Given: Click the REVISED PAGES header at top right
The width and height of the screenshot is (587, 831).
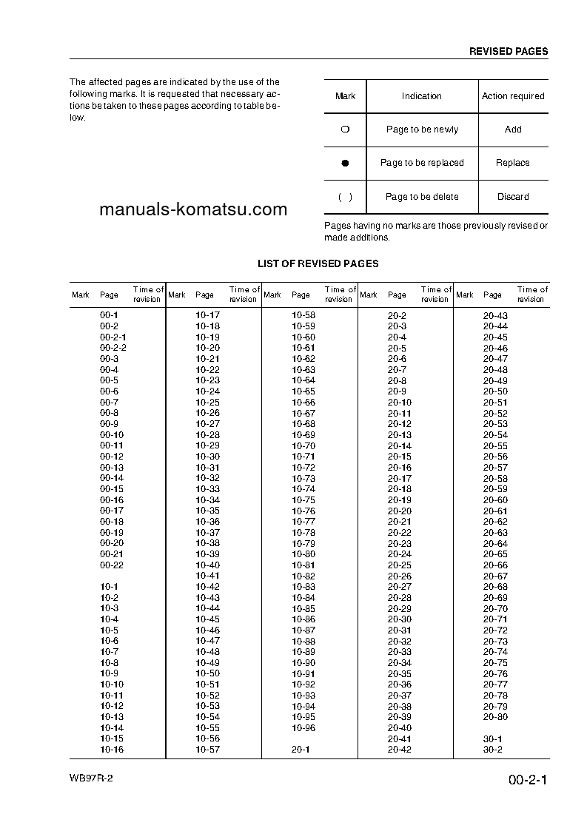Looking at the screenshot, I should tap(509, 52).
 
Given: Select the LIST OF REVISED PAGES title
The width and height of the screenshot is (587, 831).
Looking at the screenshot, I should tap(318, 263).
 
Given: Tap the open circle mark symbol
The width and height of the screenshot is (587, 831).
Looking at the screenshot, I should tap(345, 129).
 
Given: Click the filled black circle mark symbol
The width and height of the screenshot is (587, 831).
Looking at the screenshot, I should tap(345, 163).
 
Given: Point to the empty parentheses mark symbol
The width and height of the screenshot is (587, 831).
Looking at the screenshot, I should tap(345, 197).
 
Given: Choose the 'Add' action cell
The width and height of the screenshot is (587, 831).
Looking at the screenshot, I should tap(513, 129).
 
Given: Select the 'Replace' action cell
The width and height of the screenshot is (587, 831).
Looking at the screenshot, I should tap(513, 163).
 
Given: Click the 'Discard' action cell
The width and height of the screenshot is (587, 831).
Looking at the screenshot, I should tap(513, 197).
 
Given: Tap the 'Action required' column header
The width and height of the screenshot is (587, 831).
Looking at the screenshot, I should tap(513, 96).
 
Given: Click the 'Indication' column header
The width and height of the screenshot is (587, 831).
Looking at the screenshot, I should tap(422, 96).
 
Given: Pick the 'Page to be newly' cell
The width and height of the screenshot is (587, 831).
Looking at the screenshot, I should tap(422, 129).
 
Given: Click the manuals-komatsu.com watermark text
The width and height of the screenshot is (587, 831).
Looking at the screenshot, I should tap(192, 209).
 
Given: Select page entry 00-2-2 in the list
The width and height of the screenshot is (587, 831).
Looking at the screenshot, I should tap(113, 348).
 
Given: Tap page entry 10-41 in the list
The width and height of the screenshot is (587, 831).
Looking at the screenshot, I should tap(207, 576).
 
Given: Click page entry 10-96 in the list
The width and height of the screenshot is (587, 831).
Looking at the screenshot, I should tap(303, 727).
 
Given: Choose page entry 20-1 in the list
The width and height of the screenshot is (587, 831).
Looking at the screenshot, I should tap(301, 750).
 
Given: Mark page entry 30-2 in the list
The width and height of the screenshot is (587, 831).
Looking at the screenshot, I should tap(492, 750).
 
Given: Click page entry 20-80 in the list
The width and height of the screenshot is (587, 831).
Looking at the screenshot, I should tap(495, 717).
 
